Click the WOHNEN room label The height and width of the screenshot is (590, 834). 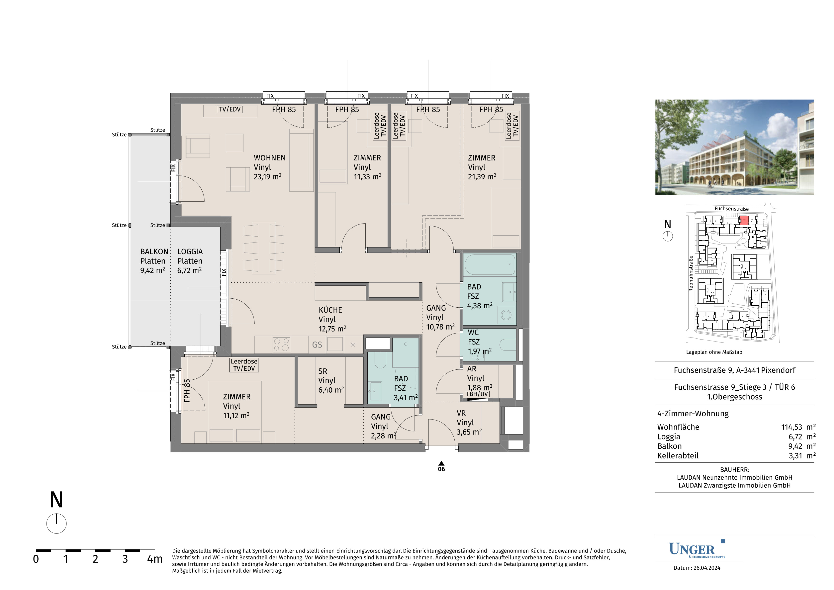[x=270, y=158]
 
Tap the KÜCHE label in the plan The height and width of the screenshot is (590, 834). [x=330, y=310]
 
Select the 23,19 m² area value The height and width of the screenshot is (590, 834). [x=267, y=177]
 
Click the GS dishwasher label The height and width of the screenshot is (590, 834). [x=317, y=345]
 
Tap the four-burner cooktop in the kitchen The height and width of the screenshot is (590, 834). [x=281, y=345]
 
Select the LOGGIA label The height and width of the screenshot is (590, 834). [x=190, y=252]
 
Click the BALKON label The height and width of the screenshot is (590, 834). [x=154, y=252]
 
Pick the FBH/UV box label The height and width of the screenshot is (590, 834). [x=477, y=394]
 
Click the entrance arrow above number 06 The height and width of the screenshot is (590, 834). [x=441, y=463]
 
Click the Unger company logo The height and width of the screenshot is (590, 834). [x=697, y=549]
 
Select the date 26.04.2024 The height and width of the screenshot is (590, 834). [x=707, y=568]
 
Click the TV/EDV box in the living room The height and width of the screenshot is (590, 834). [x=230, y=109]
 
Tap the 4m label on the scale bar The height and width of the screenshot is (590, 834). [x=155, y=559]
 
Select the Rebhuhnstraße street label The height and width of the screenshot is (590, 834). [x=691, y=273]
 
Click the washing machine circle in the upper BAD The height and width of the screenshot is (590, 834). [x=506, y=315]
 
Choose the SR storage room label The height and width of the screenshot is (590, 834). [x=323, y=371]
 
